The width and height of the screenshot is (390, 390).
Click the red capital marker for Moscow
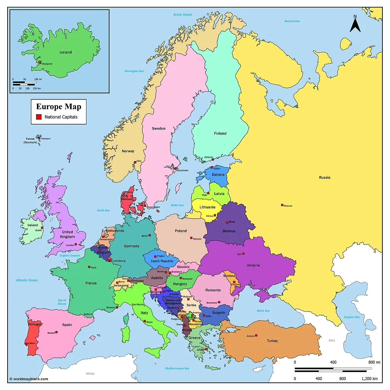click(282, 205)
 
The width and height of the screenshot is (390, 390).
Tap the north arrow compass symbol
click(355, 24)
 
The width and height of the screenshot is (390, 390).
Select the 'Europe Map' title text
click(58, 107)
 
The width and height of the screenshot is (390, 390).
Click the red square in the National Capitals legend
click(38, 117)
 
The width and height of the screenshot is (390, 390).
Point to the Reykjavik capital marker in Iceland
click(40, 62)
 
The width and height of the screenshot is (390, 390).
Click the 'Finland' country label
click(220, 133)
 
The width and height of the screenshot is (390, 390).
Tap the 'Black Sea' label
click(263, 311)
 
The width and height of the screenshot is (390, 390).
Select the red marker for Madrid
click(56, 332)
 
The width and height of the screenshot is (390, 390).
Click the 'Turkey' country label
click(272, 341)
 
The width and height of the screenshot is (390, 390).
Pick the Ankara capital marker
click(256, 335)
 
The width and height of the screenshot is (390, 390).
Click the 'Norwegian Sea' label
click(134, 71)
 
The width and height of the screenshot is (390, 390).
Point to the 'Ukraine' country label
click(253, 265)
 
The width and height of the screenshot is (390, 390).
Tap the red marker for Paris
click(89, 267)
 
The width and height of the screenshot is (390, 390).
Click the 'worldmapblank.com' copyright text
click(29, 379)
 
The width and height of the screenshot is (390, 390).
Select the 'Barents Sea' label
click(292, 21)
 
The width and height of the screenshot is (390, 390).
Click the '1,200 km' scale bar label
click(369, 379)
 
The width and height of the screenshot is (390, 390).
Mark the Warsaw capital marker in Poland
click(191, 238)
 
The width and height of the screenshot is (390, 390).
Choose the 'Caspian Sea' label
click(352, 317)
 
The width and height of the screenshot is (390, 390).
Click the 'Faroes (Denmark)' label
click(30, 141)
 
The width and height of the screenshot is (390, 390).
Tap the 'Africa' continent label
click(90, 373)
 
